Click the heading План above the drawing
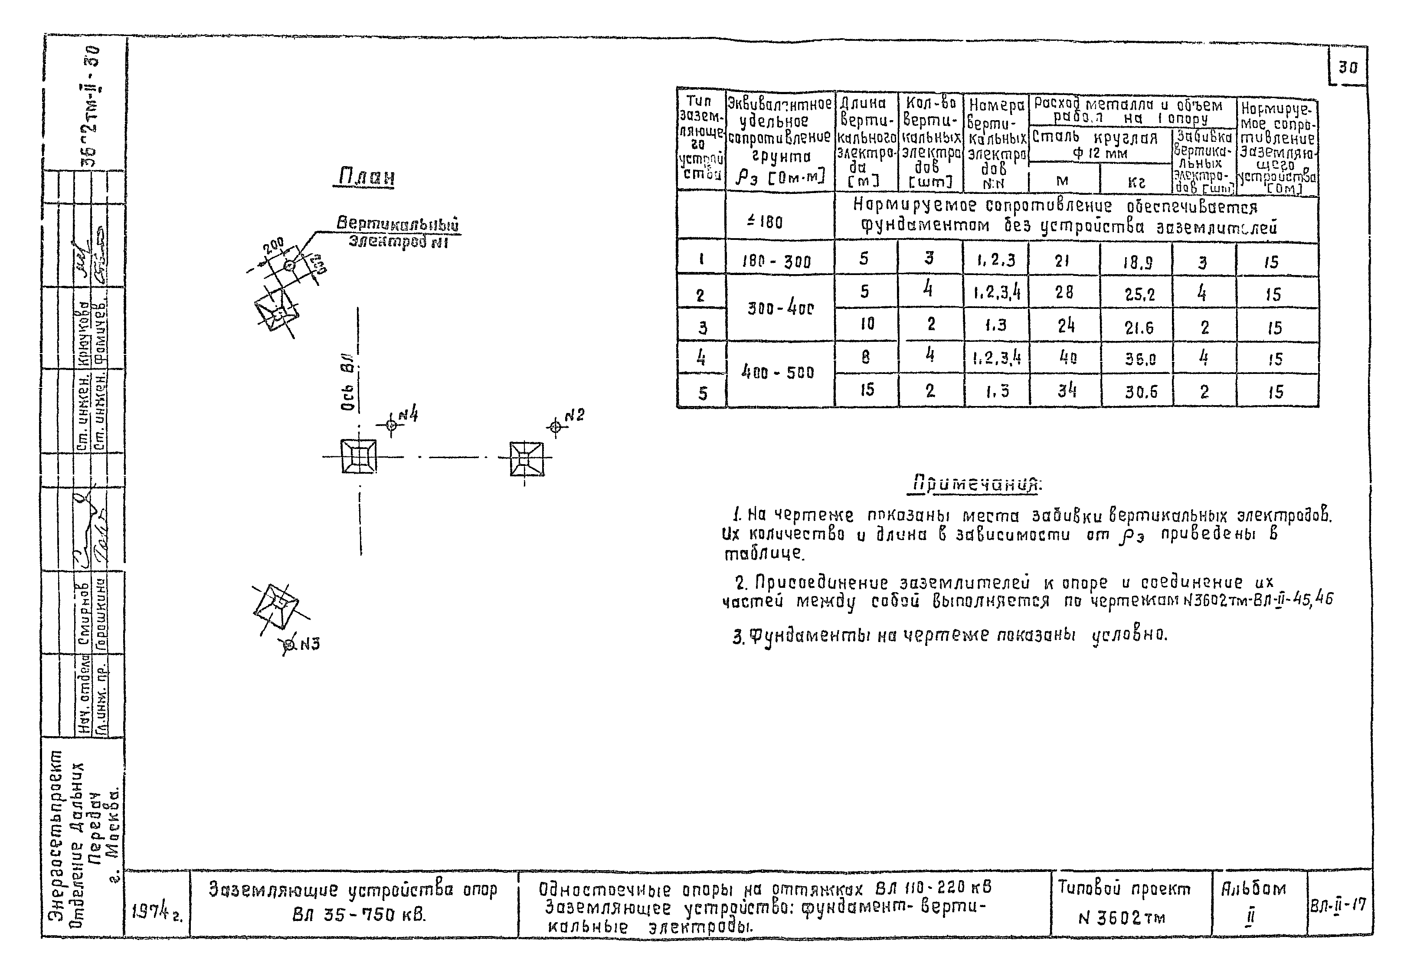click(365, 177)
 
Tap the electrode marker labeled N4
click(392, 425)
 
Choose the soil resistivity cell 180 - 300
click(780, 262)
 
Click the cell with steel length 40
click(1065, 357)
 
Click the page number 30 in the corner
click(1348, 67)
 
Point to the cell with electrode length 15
click(867, 389)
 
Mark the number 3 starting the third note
click(738, 638)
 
